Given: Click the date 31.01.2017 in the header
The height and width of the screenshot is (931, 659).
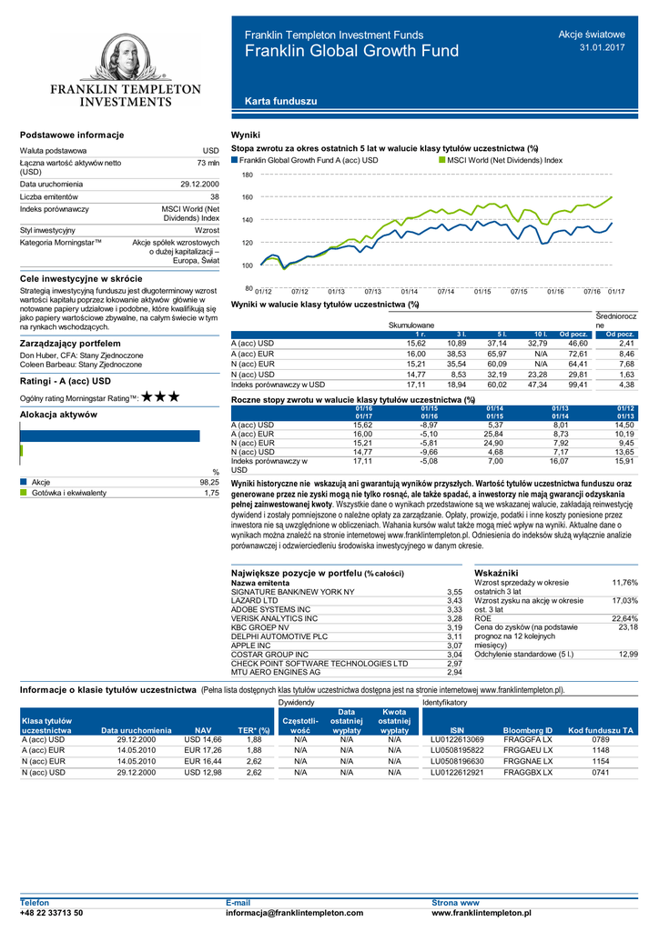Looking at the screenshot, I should [603, 47].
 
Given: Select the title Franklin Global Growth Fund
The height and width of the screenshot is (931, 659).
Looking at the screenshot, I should [351, 52].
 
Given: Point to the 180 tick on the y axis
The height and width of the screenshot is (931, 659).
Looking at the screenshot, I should [247, 174].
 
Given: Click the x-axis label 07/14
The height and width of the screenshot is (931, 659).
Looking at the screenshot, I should [445, 291].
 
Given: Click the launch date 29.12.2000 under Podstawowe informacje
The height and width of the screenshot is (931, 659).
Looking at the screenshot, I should [199, 184].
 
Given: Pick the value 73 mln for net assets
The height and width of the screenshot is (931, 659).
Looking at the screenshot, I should [208, 162].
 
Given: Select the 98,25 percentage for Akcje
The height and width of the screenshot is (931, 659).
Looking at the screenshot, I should [209, 482].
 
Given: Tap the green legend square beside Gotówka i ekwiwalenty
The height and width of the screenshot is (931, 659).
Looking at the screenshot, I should [24, 493].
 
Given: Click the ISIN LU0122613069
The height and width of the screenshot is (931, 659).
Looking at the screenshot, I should [457, 740].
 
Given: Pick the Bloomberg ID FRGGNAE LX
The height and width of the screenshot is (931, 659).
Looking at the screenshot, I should [527, 761].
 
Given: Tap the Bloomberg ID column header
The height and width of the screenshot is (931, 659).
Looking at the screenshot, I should [527, 730].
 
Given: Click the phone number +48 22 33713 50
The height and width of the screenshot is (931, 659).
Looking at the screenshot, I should [51, 912].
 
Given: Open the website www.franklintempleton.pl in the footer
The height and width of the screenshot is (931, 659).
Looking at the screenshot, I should [482, 912].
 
